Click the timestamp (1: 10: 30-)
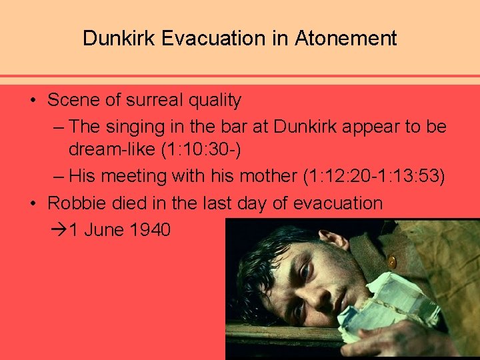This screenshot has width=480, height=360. coord(201,151)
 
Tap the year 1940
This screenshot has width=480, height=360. coord(151,230)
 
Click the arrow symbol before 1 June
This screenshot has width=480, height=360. coord(59,230)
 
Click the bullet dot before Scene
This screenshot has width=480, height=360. coord(33,101)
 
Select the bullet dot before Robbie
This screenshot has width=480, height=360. coord(33,203)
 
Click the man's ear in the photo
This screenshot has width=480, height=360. coord(333,240)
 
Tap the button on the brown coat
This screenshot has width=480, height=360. coord(392,262)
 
